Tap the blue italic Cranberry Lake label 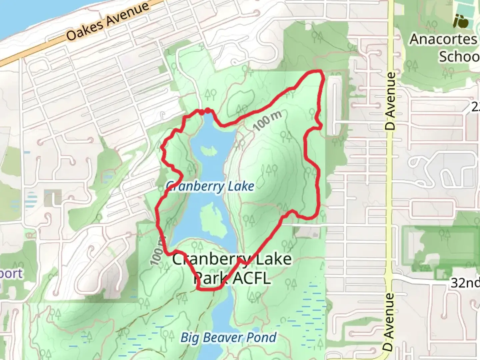pyautogui.click(x=210, y=186)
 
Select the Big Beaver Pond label pyautogui.click(x=229, y=338)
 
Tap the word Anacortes pyautogui.click(x=443, y=39)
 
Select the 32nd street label pyautogui.click(x=465, y=283)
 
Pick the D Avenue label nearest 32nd pyautogui.click(x=388, y=322)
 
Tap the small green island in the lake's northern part pyautogui.click(x=208, y=151)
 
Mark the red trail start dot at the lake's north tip pyautogui.click(x=207, y=111)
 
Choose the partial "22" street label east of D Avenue pyautogui.click(x=476, y=107)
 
